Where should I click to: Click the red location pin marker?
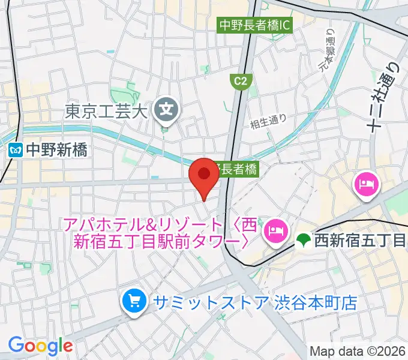point(204,175)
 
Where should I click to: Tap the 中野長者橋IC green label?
point(254,26)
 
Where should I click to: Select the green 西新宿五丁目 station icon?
point(304,241)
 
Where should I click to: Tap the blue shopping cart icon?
point(132,301)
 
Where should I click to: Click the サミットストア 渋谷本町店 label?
point(254,301)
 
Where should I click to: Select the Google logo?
point(40,346)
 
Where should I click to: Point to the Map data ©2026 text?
point(357,351)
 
